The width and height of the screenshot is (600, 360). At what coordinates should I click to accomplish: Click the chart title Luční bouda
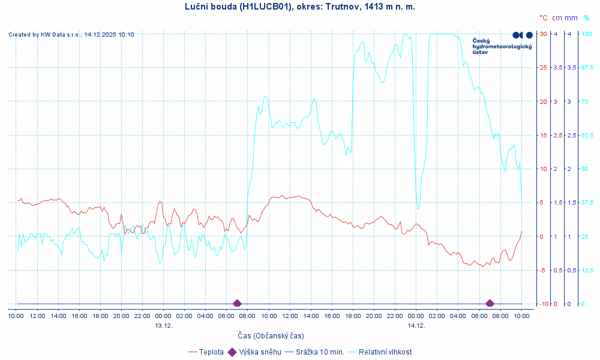click(299, 7)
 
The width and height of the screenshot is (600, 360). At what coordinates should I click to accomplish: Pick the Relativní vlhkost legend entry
click(385, 352)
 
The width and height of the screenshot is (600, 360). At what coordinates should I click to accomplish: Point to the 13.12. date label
click(164, 325)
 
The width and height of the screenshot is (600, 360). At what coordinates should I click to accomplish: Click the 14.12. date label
click(416, 325)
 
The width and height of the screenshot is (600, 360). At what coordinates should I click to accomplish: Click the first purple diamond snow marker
click(237, 304)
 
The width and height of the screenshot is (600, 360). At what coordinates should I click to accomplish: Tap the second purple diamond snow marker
click(490, 304)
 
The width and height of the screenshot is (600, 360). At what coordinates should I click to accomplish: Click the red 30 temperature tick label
click(543, 34)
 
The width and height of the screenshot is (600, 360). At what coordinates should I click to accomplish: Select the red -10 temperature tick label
click(542, 304)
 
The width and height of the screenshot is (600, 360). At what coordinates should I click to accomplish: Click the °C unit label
click(543, 18)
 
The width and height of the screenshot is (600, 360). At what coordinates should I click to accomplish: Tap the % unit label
click(586, 18)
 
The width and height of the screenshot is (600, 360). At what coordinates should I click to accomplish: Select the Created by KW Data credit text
click(71, 35)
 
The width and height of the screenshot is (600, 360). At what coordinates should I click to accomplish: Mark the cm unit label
click(557, 18)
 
